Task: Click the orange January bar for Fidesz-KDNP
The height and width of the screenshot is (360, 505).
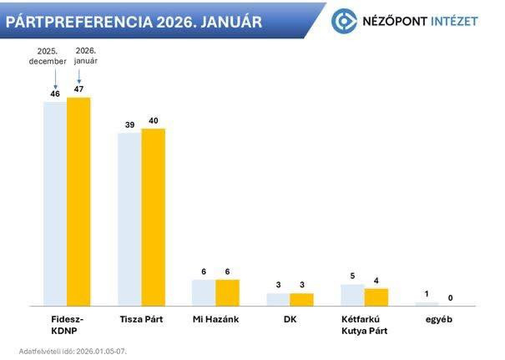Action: coord(78,200)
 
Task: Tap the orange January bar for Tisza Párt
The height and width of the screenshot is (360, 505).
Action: coord(153,216)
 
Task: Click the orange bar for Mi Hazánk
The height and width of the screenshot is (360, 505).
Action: coord(227,292)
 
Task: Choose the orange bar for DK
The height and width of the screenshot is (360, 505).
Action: coord(301,299)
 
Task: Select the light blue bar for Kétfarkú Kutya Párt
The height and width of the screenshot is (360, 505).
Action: coord(352,295)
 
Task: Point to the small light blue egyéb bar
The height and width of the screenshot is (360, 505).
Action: coord(427,303)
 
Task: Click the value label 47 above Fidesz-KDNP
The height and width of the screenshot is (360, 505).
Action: coord(79,89)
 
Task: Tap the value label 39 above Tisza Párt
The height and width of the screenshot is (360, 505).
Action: coord(129,124)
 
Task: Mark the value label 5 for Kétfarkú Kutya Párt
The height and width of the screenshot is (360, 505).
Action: coord(352,275)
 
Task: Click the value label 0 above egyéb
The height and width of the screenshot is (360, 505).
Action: coord(451,297)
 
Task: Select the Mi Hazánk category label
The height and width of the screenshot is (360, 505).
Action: coord(215,320)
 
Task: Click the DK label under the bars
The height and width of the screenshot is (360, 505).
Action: coord(290,320)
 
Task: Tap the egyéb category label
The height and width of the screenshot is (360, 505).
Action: coord(438,320)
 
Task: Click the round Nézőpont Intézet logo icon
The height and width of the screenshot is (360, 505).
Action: coord(344,21)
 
